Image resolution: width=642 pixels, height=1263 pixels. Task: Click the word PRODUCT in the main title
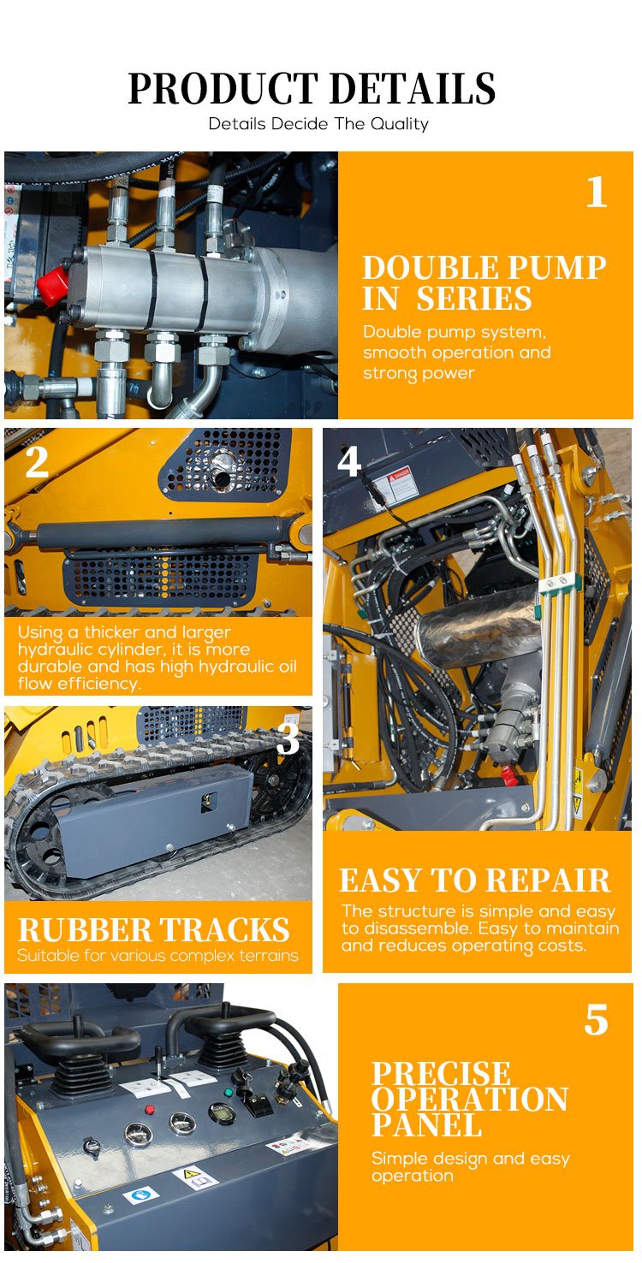click(223, 88)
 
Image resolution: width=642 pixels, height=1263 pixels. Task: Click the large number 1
click(597, 193)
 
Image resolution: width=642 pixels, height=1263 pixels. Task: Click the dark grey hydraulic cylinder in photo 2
click(161, 533)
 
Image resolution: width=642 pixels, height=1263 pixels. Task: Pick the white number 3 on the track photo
click(288, 738)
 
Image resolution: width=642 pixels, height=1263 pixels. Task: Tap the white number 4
click(348, 462)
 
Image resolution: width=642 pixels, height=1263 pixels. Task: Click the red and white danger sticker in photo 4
click(401, 483)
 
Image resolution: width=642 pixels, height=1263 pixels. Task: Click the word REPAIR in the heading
click(548, 881)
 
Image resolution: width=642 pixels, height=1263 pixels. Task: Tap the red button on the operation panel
click(150, 1109)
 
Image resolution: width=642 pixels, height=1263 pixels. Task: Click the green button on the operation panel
click(229, 1092)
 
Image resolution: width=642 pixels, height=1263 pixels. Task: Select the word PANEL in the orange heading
click(427, 1128)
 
